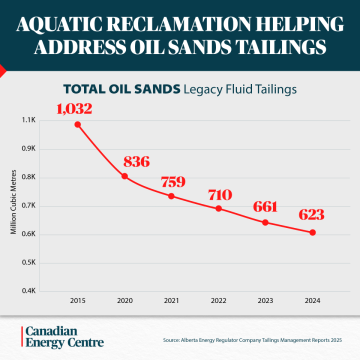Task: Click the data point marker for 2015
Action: pos(77,124)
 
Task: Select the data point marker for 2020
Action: pos(124,176)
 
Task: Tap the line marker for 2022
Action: pos(218,208)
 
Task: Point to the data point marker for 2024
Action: pos(312,232)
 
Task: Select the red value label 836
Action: pos(136,161)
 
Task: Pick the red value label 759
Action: pos(173,182)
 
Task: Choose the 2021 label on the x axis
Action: pos(171,301)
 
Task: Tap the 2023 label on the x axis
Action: pos(265,301)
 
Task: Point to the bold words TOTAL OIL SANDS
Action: pos(121,89)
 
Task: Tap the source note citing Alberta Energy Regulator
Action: pos(252,340)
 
